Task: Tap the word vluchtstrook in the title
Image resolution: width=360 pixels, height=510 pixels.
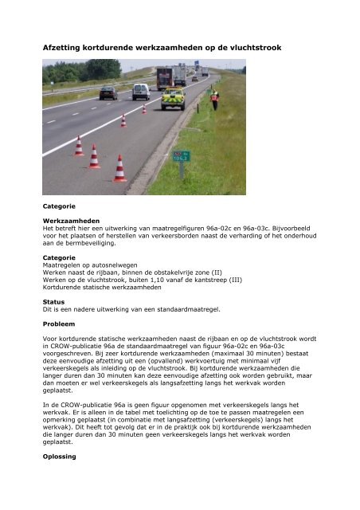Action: [x=256, y=49]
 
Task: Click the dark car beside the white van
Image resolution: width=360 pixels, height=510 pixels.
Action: [x=108, y=92]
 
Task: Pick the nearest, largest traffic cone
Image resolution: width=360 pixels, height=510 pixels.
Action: [x=119, y=168]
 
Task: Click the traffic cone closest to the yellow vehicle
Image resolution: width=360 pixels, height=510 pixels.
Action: [x=144, y=108]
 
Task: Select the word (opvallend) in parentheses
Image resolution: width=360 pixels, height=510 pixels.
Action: [x=179, y=364]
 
